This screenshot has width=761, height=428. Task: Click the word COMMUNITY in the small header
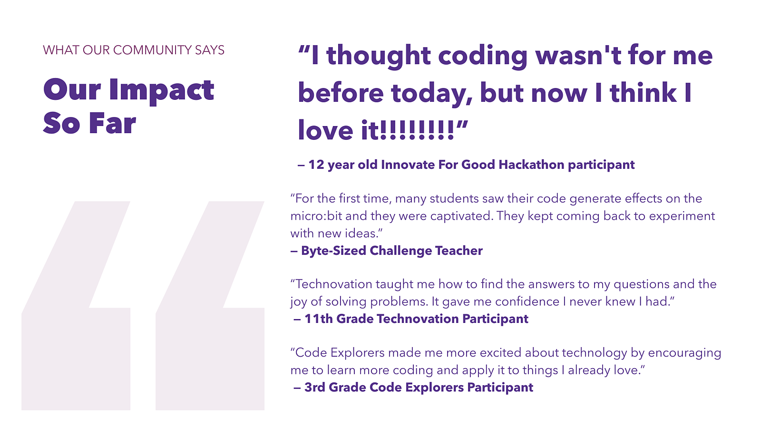(152, 50)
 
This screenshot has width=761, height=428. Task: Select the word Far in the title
(112, 123)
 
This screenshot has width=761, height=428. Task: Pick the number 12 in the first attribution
(316, 165)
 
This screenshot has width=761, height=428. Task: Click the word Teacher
(459, 251)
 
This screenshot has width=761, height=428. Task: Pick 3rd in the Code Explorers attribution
(314, 388)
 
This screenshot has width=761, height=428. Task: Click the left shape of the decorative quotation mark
(76, 340)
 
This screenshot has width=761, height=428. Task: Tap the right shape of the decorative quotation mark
(210, 340)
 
